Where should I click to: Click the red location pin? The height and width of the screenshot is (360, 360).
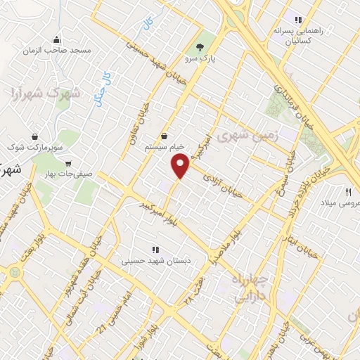[180, 166]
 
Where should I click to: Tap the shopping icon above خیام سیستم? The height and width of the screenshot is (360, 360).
[165, 136]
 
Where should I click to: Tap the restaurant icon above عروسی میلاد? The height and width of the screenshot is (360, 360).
[347, 191]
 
